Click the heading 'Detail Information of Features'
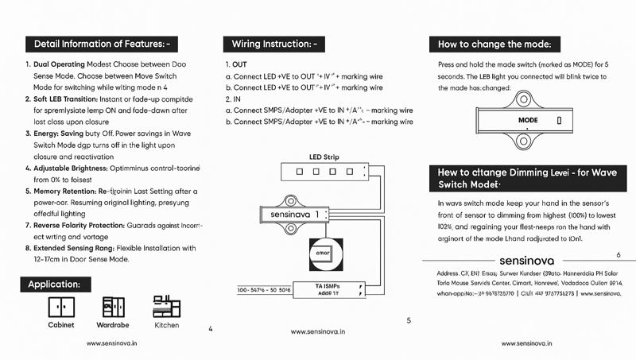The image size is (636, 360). click(x=101, y=43)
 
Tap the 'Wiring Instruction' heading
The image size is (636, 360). click(x=273, y=43)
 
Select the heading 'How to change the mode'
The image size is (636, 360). click(x=494, y=44)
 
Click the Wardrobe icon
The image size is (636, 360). click(x=113, y=306)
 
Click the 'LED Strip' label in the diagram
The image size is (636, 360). click(x=324, y=157)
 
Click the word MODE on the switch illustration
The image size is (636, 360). click(x=528, y=121)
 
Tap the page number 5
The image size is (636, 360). click(x=408, y=320)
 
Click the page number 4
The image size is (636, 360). click(x=209, y=327)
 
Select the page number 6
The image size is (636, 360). click(x=619, y=254)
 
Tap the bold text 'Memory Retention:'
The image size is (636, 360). click(x=64, y=192)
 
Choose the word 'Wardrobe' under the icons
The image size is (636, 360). click(x=113, y=325)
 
